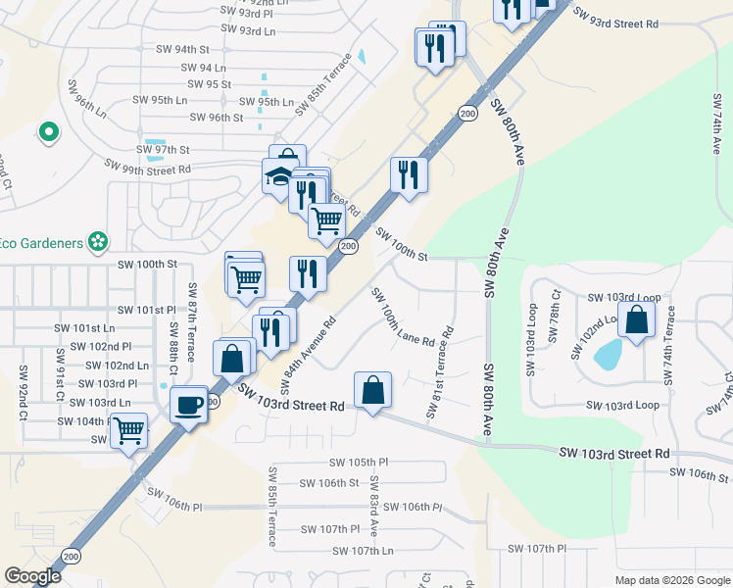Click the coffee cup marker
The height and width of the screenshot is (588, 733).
(189, 404)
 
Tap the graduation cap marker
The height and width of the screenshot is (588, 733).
(280, 176)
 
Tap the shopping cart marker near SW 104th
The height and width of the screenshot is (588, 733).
(128, 430)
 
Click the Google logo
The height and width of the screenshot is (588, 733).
(32, 576)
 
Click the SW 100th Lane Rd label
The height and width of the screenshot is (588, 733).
(402, 317)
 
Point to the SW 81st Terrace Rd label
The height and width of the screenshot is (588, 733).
(439, 373)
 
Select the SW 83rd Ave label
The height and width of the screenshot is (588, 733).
(373, 514)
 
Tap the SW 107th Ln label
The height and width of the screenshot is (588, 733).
(362, 551)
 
